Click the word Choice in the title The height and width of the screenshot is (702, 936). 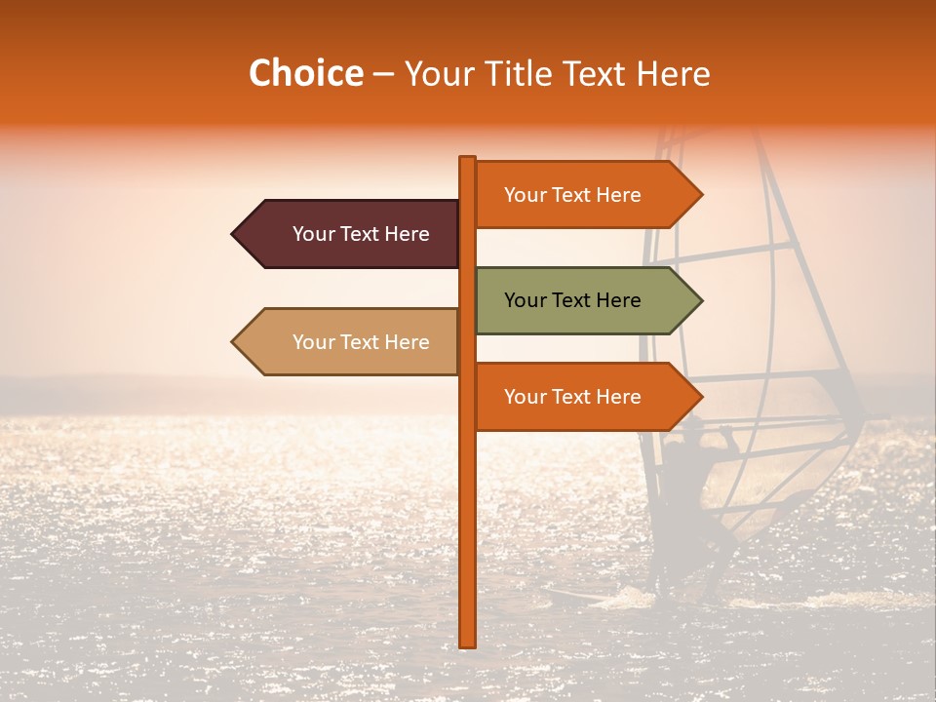pyautogui.click(x=305, y=74)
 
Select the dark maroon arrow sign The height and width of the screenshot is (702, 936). pyautogui.click(x=351, y=234)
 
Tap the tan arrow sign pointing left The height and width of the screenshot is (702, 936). pyautogui.click(x=351, y=342)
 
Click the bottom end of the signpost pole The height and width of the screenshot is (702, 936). pyautogui.click(x=468, y=643)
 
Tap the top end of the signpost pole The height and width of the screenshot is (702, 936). pyautogui.click(x=468, y=159)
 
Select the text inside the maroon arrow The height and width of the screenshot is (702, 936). pyautogui.click(x=361, y=234)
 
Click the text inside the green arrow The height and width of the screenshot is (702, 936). pyautogui.click(x=572, y=300)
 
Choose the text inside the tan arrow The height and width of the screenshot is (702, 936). pyautogui.click(x=361, y=342)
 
